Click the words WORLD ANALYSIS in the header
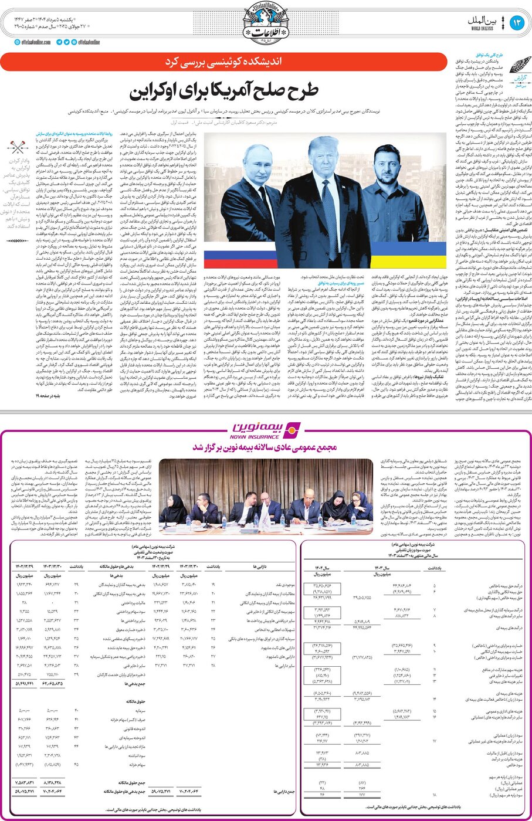483,28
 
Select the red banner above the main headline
223,62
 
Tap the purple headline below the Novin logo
265,447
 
